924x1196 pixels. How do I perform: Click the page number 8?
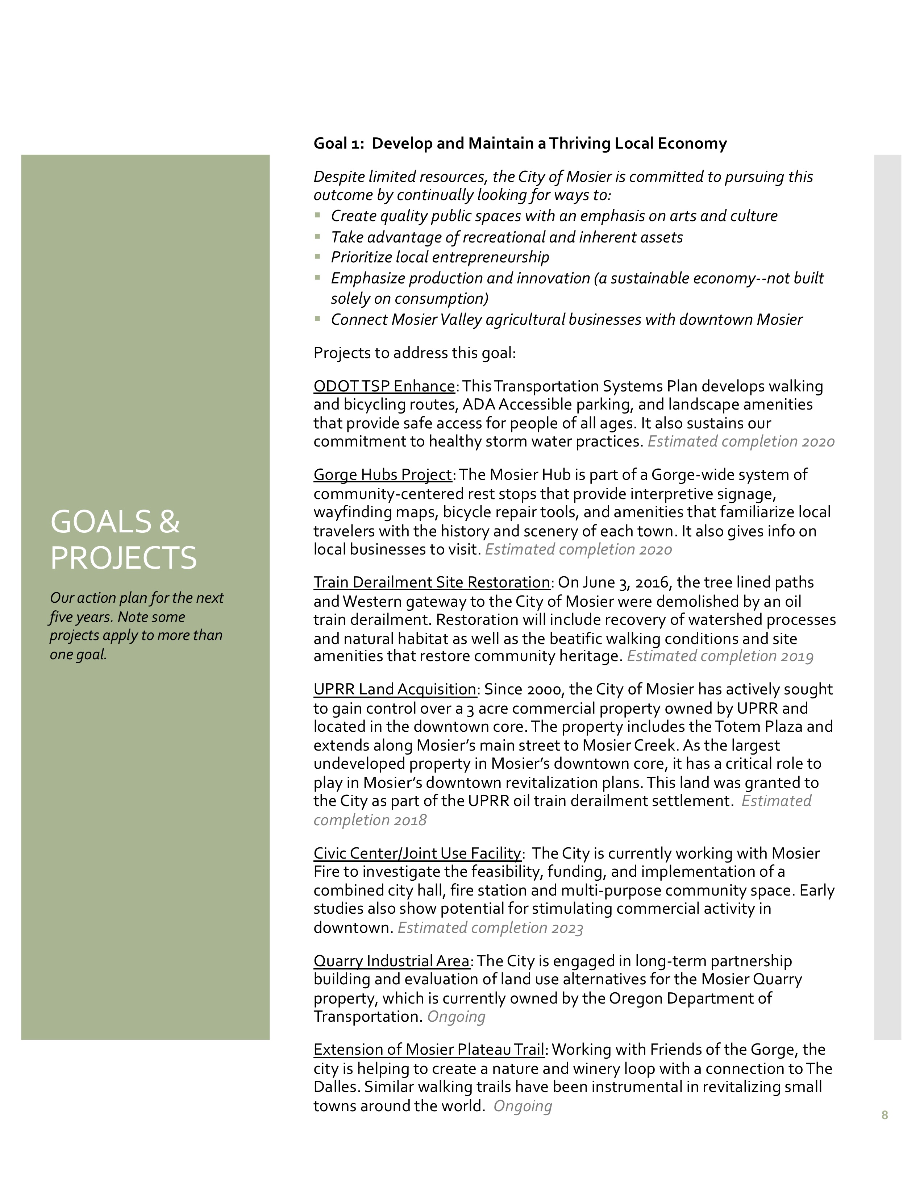tap(885, 1115)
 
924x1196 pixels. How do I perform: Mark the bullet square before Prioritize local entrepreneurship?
tap(317, 256)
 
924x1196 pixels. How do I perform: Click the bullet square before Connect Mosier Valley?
tap(317, 319)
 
